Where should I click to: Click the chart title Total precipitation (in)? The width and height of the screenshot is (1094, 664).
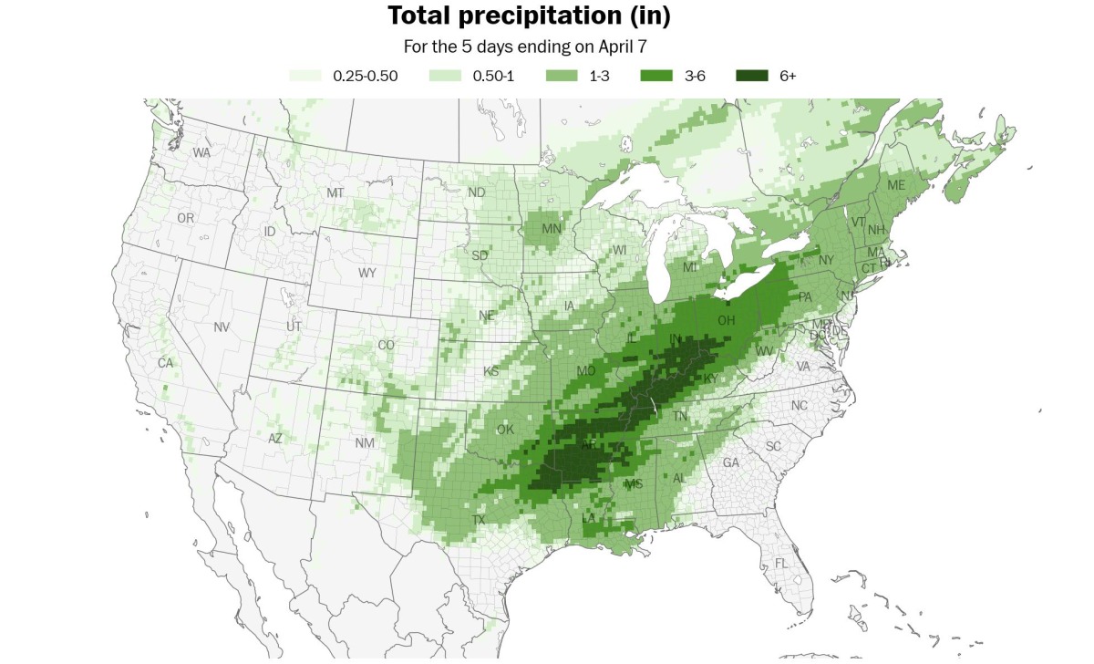[529, 16]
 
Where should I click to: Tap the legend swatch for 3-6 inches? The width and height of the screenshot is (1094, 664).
[655, 76]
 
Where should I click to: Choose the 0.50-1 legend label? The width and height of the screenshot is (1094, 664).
[493, 76]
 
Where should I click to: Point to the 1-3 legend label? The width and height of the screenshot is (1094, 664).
[600, 76]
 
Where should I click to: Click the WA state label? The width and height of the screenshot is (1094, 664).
[201, 152]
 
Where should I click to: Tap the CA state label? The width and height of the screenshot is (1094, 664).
[165, 363]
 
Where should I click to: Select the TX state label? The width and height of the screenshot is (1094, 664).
[479, 520]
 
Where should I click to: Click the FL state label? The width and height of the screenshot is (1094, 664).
[781, 564]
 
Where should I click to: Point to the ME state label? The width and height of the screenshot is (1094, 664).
[896, 185]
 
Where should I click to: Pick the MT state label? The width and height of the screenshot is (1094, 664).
[335, 193]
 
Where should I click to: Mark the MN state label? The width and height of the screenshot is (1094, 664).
[551, 228]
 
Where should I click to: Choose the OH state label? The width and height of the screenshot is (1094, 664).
[727, 320]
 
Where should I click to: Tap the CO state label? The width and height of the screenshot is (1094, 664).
[387, 345]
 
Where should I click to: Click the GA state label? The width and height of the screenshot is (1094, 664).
[731, 462]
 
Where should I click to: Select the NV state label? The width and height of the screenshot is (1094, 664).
[222, 327]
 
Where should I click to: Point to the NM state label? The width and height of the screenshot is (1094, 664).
[365, 442]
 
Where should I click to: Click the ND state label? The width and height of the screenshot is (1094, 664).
[476, 192]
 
